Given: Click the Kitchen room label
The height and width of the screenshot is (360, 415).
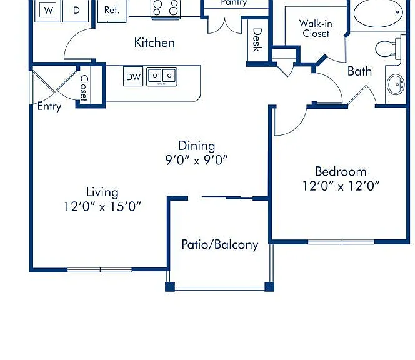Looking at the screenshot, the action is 154,42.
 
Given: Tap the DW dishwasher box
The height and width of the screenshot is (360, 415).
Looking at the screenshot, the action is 133,76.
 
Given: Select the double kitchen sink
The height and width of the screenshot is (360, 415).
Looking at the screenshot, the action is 162,76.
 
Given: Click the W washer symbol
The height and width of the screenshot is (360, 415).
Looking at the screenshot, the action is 48,10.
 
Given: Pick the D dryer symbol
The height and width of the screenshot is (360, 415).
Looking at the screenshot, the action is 76,10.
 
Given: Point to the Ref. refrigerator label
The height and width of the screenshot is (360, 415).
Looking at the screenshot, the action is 112,10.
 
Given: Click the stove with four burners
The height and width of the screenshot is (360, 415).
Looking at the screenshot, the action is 166,9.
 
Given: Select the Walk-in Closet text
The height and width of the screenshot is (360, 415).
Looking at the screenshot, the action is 316,28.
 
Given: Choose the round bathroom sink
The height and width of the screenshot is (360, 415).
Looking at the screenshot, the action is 396,84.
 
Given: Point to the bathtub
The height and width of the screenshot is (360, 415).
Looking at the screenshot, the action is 378,12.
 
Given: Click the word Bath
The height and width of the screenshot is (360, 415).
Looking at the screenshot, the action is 359,71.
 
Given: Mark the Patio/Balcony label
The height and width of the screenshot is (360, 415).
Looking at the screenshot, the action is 220,244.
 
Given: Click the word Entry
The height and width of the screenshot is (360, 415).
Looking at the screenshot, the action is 49,106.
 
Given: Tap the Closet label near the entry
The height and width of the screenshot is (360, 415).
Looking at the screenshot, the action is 84,88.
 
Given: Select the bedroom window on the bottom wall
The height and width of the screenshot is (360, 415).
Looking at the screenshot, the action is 341,242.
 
